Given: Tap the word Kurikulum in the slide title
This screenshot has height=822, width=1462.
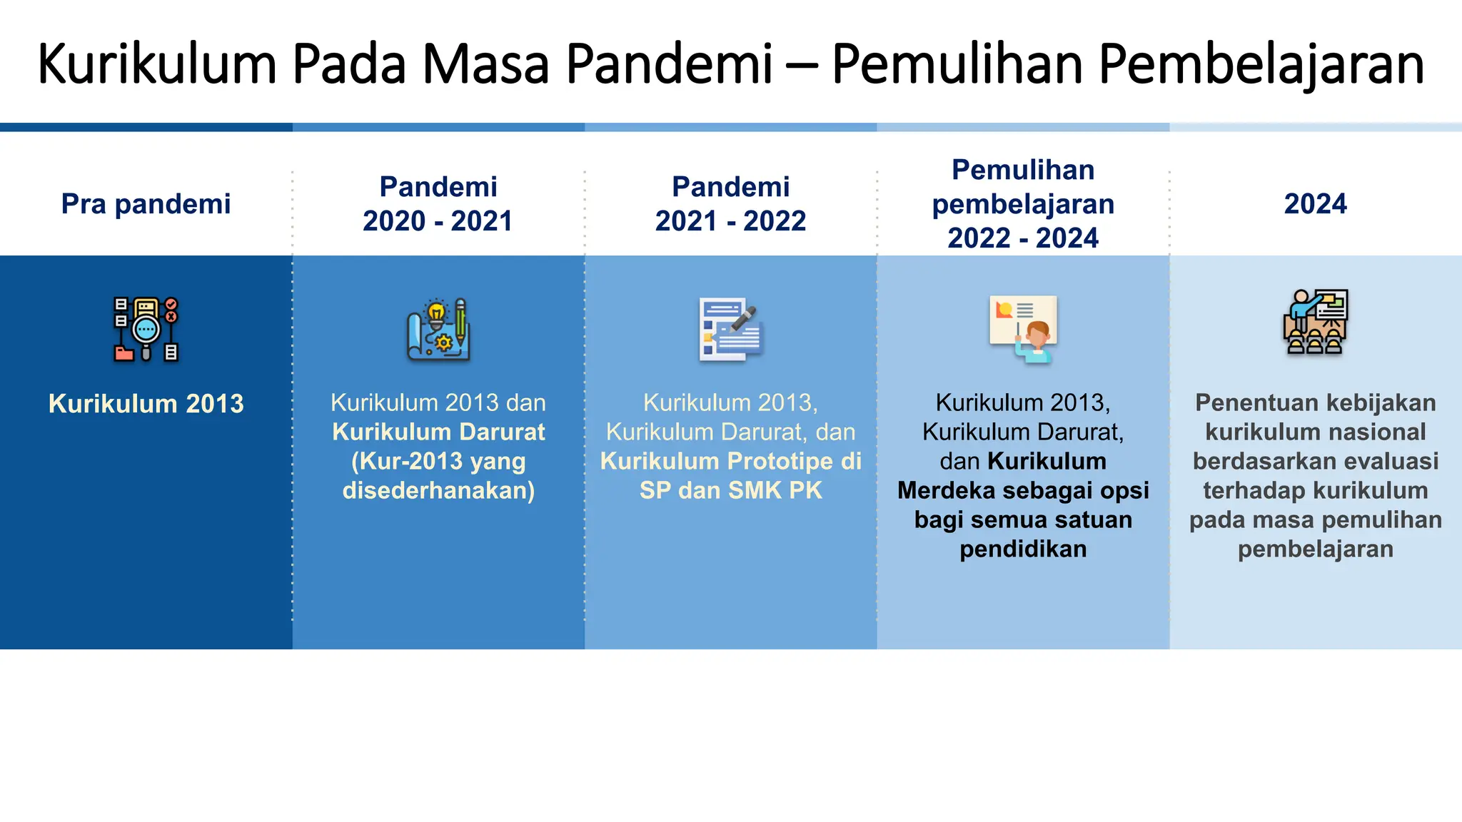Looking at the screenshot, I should (x=156, y=65).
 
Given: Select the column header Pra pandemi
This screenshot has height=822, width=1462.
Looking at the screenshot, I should (x=146, y=204).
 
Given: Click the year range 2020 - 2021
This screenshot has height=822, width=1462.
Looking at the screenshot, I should (x=438, y=221).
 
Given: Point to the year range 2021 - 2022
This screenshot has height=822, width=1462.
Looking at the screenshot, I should (x=730, y=221).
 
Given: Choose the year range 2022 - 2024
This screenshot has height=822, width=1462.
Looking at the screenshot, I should (x=1022, y=238).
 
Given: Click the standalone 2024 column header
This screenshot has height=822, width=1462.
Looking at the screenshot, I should (x=1315, y=204).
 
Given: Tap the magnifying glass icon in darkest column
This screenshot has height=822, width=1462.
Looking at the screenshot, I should (x=146, y=330).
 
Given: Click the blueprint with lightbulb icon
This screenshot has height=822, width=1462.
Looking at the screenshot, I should (x=438, y=330).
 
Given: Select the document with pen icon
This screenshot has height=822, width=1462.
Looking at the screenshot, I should (x=730, y=330).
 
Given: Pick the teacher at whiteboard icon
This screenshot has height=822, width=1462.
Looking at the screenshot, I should (x=1023, y=330).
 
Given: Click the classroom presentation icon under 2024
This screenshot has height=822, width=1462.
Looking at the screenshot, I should (x=1315, y=323).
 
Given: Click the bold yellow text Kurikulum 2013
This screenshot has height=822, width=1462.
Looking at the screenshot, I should (x=146, y=404).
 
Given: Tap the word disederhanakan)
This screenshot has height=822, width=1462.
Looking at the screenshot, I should (x=438, y=491).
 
